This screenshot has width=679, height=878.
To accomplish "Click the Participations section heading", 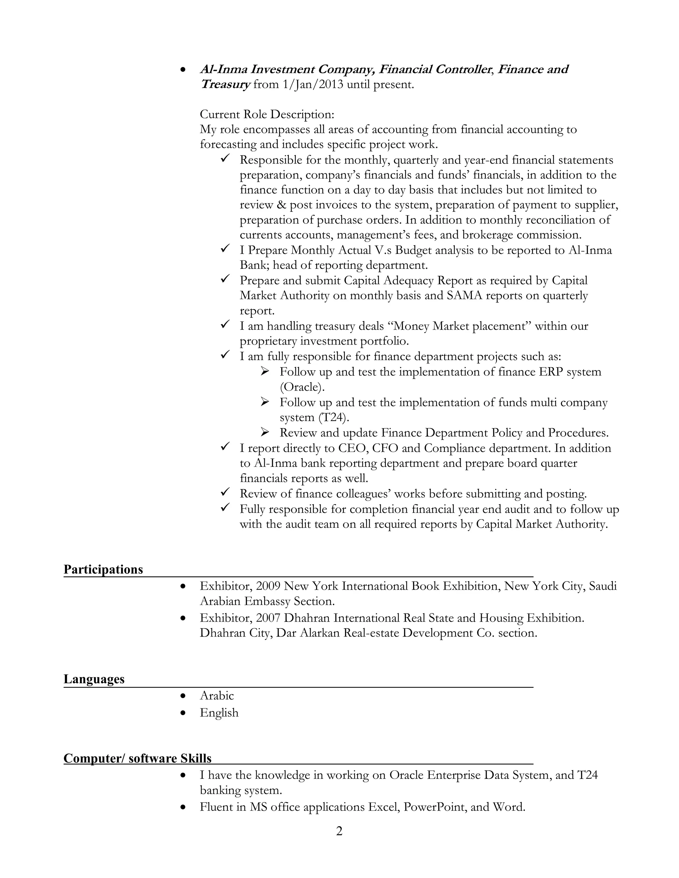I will [103, 570].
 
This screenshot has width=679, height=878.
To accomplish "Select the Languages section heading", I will [94, 679].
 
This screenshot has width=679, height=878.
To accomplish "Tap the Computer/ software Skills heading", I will [137, 758].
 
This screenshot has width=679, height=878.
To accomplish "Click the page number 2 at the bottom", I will [339, 831].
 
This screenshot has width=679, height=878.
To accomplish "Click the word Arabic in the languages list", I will [217, 695].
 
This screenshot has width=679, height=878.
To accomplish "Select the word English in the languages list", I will [219, 712].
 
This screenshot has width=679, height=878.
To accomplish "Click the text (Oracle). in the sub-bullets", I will [302, 387].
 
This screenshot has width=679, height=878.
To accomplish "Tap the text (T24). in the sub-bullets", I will [334, 417].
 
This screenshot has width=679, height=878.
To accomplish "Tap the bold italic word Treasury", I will [225, 85].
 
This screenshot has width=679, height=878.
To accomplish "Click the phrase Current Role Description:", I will [267, 115].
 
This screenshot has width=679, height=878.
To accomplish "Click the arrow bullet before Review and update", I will [264, 432].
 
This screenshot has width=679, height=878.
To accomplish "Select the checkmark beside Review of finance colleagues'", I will [225, 492].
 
